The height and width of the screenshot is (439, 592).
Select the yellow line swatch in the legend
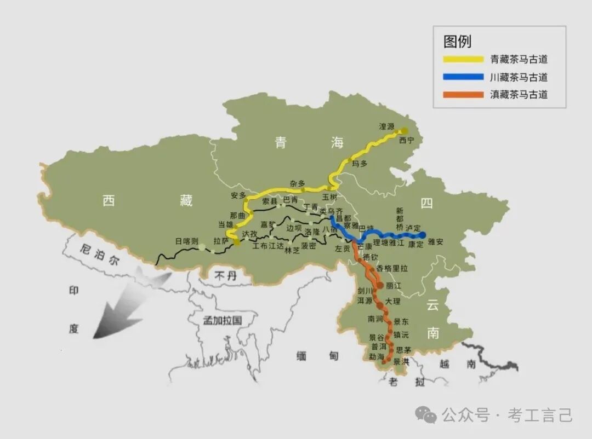[x=464, y=59]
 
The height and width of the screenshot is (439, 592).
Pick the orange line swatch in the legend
[x=464, y=95]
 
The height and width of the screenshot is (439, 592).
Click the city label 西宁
[x=407, y=141]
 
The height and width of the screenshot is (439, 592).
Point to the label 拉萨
[x=221, y=240]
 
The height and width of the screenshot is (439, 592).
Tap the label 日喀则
[x=186, y=241]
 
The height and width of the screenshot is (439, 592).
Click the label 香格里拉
[x=392, y=269]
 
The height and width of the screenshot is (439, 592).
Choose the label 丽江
[x=394, y=286]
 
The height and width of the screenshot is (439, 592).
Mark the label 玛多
[x=359, y=164]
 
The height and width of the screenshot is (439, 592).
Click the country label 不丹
[x=225, y=276]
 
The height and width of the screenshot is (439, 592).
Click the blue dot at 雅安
[x=423, y=235]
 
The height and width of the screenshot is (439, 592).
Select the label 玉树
[x=329, y=196]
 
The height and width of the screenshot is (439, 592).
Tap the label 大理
[x=392, y=301]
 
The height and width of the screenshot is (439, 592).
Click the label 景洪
[x=401, y=361]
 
